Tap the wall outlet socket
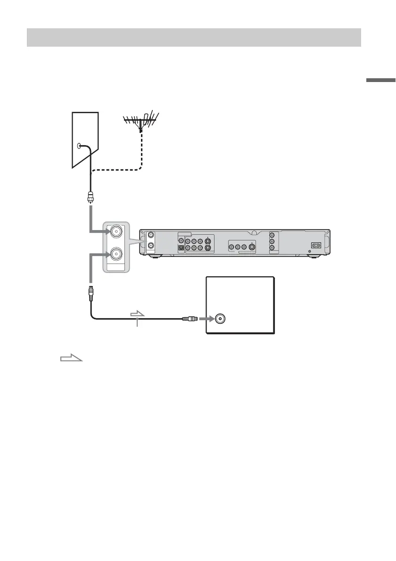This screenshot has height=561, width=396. coord(79,146)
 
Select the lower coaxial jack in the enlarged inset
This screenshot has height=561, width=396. coord(115,256)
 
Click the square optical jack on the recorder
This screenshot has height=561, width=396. coord(180,247)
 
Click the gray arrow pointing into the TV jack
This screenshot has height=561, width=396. coord(205,318)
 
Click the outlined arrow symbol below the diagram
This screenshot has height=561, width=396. coord(71,359)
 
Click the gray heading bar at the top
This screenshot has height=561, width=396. coord(194,37)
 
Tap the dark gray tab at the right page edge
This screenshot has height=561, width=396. coord(381,81)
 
